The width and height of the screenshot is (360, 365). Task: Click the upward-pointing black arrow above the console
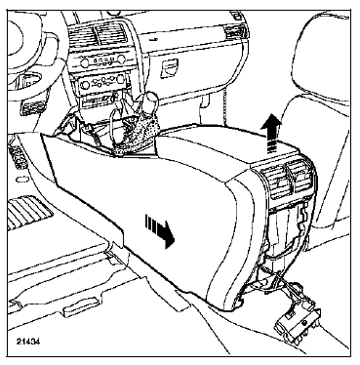[x=272, y=133]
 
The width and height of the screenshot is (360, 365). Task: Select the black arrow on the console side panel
[x=159, y=230]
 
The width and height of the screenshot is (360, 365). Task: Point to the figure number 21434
[x=28, y=342]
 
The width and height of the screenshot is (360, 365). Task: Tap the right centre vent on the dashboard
[x=110, y=33]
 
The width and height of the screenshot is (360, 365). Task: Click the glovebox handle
[x=170, y=69]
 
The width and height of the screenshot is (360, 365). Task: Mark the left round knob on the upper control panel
[x=84, y=62]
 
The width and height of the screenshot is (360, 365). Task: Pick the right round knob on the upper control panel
[x=121, y=59]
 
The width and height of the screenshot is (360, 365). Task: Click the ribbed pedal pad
[x=28, y=212]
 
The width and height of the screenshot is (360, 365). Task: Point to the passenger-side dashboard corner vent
[x=234, y=32]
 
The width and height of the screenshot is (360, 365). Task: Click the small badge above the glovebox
[x=154, y=39]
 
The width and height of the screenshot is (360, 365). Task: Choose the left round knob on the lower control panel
[x=85, y=85]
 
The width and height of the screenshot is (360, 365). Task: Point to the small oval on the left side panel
[x=21, y=179]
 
